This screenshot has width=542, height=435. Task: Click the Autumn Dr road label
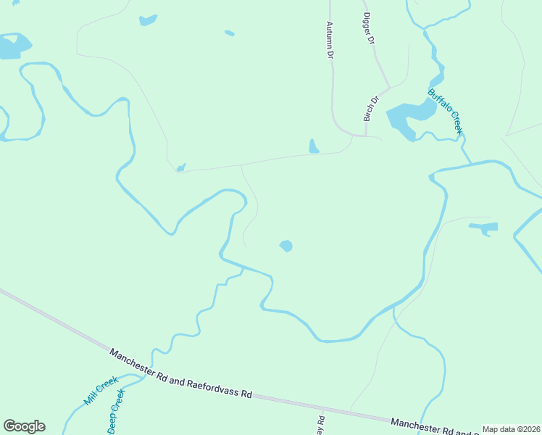click(330, 39)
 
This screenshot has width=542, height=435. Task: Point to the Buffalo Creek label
click(445, 112)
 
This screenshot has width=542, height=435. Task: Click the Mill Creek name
click(100, 390)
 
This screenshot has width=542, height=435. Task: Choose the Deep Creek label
click(117, 412)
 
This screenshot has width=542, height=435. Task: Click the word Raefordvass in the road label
click(215, 385)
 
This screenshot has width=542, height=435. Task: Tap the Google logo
click(24, 426)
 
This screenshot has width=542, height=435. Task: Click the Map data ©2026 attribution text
click(511, 429)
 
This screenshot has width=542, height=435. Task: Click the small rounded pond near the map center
click(286, 246)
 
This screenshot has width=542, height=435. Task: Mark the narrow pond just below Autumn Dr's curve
click(314, 146)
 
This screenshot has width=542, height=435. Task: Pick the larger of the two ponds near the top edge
click(148, 20)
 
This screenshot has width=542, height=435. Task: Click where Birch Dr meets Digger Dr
click(390, 88)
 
